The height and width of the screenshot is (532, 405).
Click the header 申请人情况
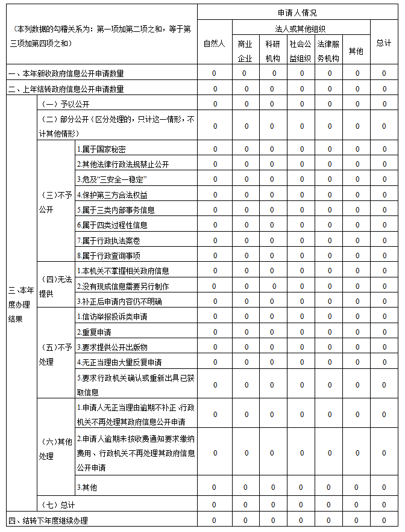click(297, 13)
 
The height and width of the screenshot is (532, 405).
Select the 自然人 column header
click(214, 43)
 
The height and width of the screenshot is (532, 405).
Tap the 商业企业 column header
click(245, 51)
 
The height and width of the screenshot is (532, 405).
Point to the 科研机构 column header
click(272, 51)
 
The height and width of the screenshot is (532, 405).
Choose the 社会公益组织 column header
click(300, 51)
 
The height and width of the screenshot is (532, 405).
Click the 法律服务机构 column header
click(328, 51)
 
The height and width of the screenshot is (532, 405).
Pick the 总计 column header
click(383, 43)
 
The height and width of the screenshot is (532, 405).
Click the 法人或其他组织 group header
click(300, 28)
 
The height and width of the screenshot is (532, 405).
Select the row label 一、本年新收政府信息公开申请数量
click(66, 73)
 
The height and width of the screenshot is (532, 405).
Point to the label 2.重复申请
click(94, 332)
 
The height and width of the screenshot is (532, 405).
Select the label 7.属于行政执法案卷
click(108, 240)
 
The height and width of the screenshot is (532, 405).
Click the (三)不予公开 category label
click(55, 202)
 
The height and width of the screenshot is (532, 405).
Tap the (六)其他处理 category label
click(55, 449)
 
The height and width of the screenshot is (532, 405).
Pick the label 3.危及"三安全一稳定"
click(112, 179)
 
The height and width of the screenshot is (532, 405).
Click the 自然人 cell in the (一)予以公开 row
click(214, 104)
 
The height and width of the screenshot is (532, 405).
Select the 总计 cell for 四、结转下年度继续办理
click(383, 520)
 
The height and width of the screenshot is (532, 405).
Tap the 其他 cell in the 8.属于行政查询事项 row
click(356, 255)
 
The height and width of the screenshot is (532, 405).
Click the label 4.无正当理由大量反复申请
click(119, 362)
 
